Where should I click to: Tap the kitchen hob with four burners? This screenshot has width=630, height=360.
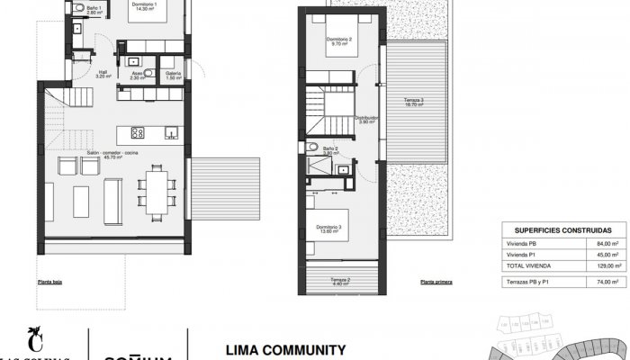coord(139,132)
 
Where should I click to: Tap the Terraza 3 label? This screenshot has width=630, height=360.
coord(415,101)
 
